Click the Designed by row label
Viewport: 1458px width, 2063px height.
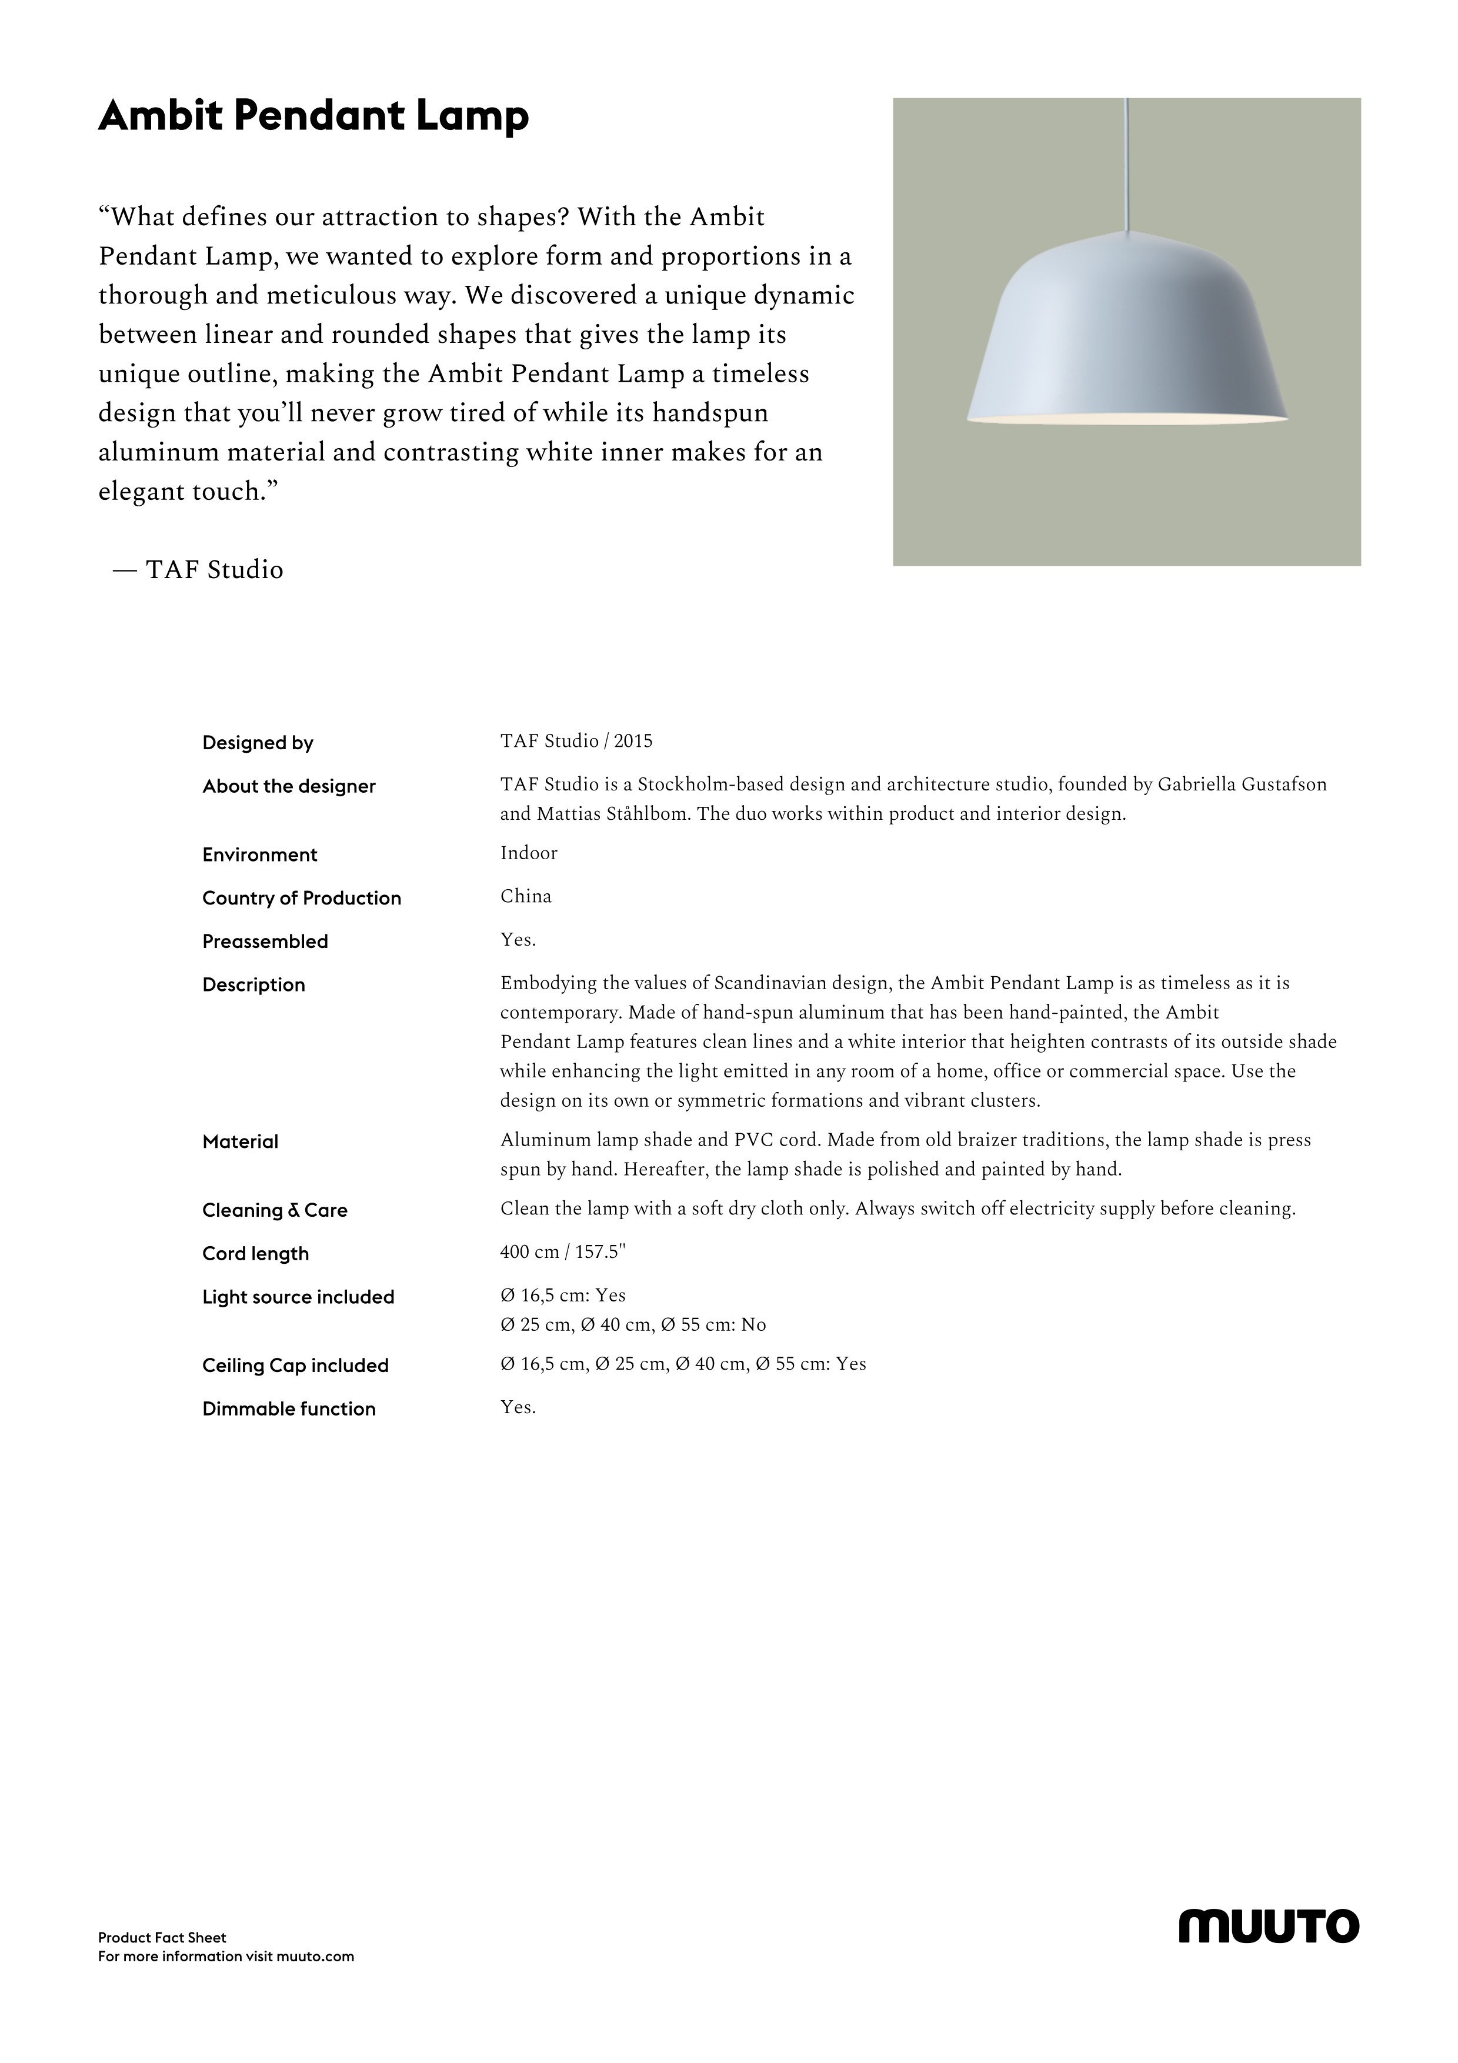[258, 743]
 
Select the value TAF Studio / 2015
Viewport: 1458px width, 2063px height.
[576, 741]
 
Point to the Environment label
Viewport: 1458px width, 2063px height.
[259, 854]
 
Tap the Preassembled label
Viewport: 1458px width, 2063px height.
[265, 942]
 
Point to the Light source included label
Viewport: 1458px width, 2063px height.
[298, 1297]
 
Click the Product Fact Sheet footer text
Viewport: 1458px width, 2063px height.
[162, 1938]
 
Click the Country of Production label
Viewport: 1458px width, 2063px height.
[301, 899]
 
